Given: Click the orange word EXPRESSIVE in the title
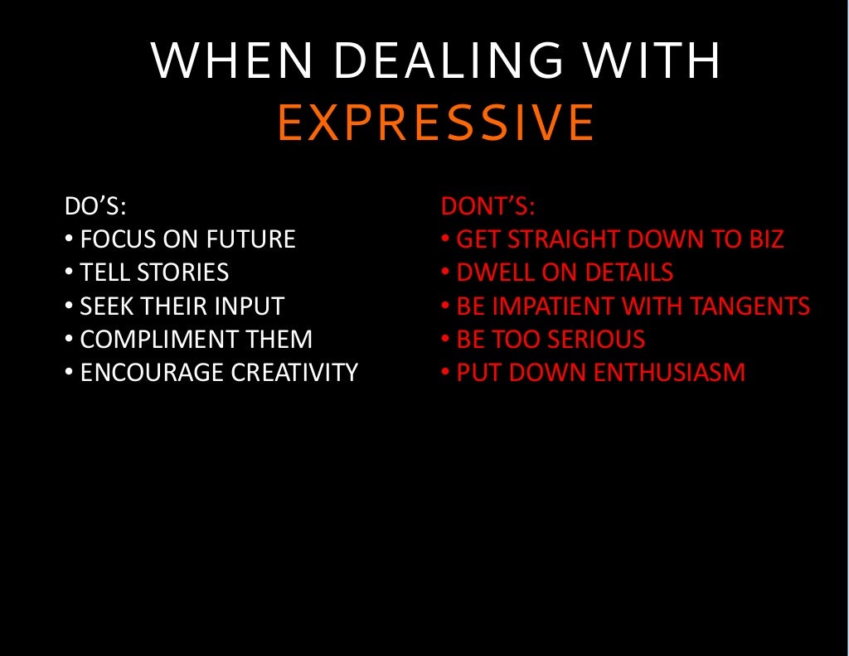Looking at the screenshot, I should pos(436,123).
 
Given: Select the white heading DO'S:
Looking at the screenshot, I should pos(95,205).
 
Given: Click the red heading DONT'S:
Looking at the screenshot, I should pos(488,205).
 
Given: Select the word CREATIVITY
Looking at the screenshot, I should pos(294,373).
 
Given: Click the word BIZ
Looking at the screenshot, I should pos(763,239).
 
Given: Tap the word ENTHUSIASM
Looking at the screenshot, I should pos(670,373).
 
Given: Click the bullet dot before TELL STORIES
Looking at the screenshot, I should pos(68,273).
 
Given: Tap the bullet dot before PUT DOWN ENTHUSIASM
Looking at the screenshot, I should pos(445,373).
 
